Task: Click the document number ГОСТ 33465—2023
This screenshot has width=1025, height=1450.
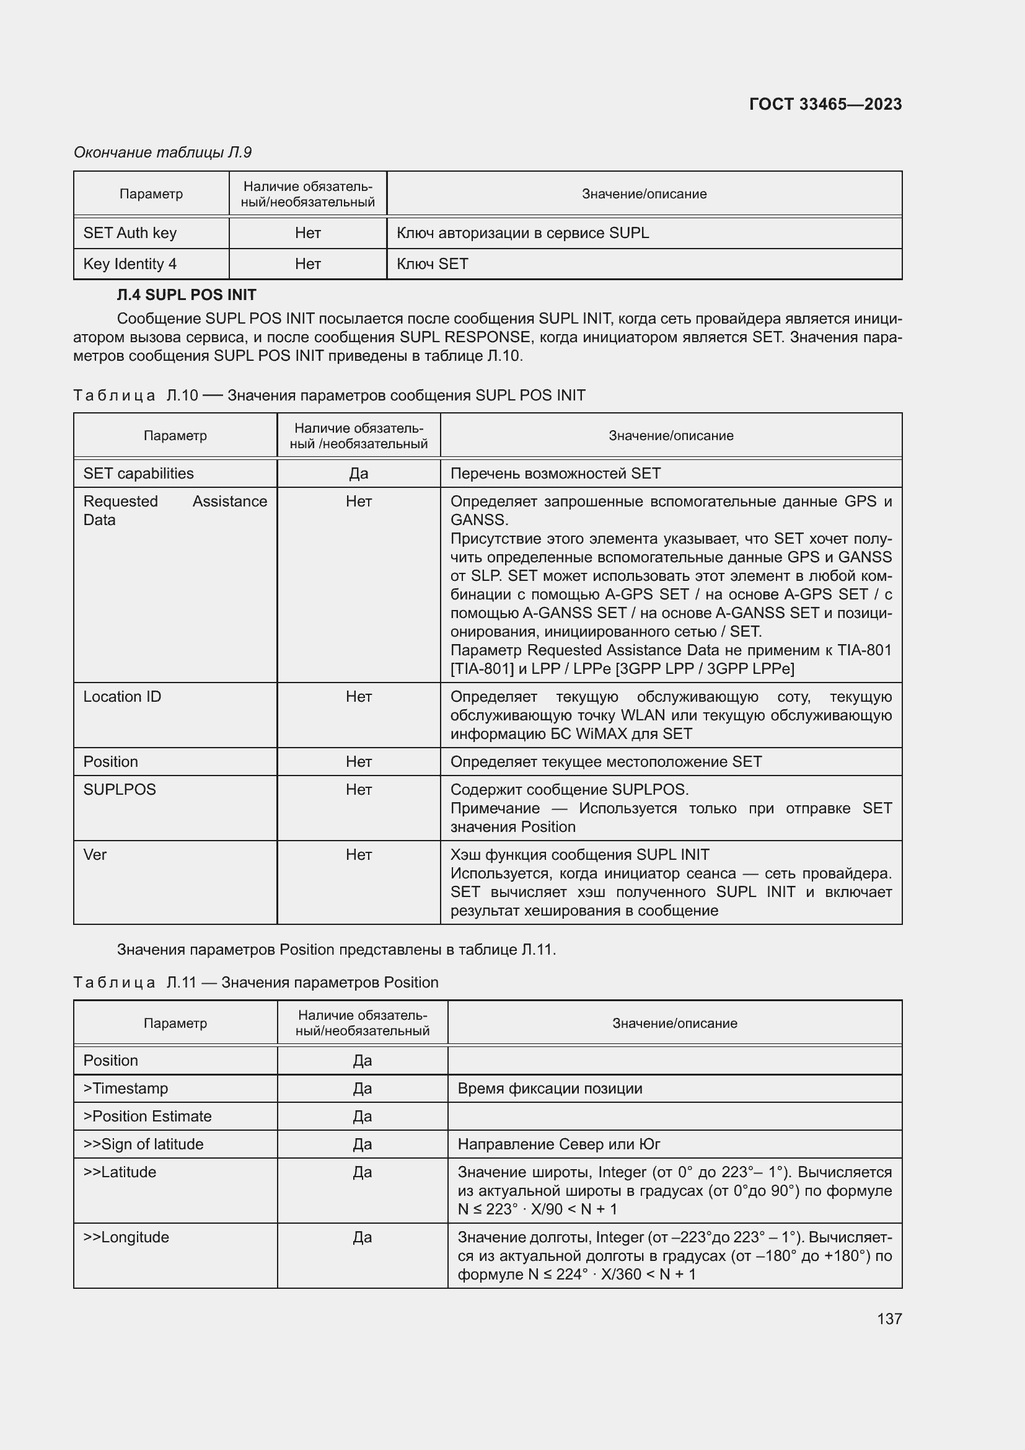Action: (x=825, y=104)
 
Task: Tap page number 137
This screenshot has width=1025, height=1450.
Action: (x=889, y=1319)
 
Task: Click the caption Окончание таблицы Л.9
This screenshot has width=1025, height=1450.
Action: (x=163, y=153)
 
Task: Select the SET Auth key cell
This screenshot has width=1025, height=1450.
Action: (x=130, y=233)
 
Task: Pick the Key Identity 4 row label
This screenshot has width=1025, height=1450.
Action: (x=130, y=264)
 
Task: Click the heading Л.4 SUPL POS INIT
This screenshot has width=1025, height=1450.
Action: (x=186, y=295)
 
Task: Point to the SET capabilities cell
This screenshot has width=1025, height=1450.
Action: (x=138, y=474)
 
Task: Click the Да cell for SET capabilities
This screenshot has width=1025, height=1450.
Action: (x=358, y=474)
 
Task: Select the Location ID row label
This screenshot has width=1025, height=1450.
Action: (x=123, y=697)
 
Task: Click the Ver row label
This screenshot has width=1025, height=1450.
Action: (x=95, y=854)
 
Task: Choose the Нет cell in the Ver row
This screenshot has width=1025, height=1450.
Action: (x=358, y=854)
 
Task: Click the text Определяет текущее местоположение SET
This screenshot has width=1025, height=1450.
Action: (x=606, y=762)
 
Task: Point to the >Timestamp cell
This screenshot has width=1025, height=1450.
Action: (x=126, y=1088)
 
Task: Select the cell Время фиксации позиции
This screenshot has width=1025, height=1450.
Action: (x=550, y=1088)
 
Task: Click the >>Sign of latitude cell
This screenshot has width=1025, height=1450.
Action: (x=143, y=1144)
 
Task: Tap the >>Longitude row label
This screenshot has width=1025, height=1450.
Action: (x=126, y=1237)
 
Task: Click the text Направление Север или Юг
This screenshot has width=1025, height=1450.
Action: (x=558, y=1144)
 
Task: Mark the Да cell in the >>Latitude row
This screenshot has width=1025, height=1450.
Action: (x=363, y=1172)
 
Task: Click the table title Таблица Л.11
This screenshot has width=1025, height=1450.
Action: (x=255, y=983)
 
